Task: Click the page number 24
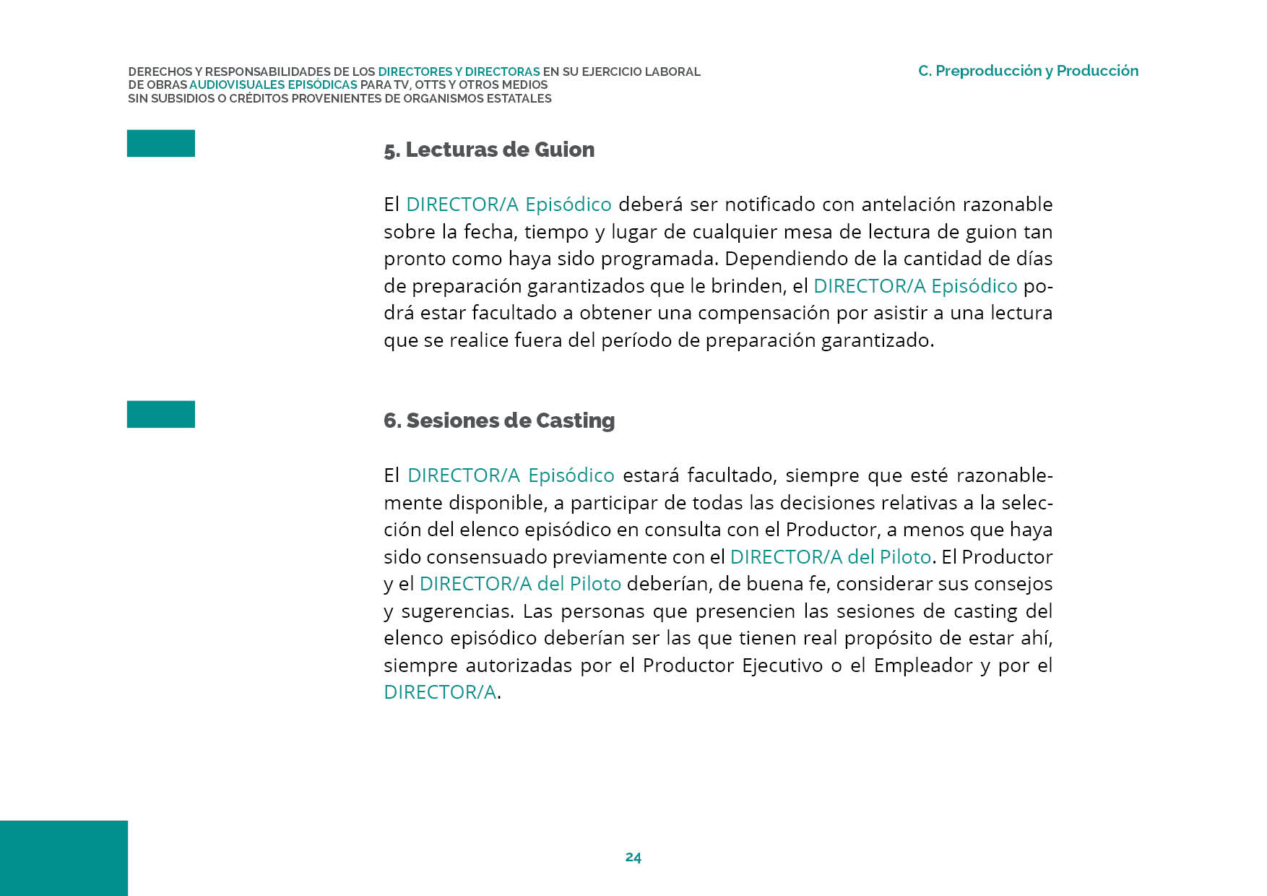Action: point(633,857)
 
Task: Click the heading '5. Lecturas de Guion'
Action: point(489,150)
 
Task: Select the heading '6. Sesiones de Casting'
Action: point(499,421)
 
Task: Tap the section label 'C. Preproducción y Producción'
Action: point(1028,71)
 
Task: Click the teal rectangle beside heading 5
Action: point(160,143)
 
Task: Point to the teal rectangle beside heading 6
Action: point(160,414)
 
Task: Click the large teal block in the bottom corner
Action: point(64,858)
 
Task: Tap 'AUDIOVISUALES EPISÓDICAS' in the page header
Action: point(273,85)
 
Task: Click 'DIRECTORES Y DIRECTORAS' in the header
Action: point(459,72)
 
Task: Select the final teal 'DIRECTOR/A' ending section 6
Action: point(440,692)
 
